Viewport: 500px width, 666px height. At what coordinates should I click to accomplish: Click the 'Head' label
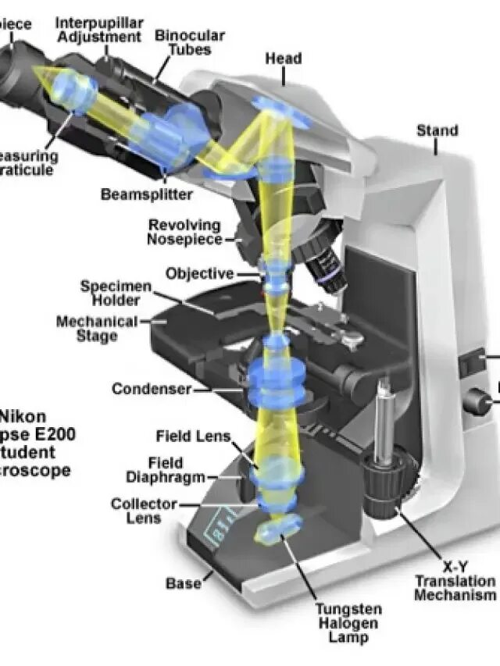coord(283,59)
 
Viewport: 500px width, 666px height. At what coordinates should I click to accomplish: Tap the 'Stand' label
coord(437,130)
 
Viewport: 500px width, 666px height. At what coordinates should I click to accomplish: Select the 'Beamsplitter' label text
coord(146,194)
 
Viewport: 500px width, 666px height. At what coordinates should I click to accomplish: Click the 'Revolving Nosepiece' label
coord(185,233)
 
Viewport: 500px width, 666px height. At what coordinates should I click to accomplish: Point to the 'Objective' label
coord(199,273)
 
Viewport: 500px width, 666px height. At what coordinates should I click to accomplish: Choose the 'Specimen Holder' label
coord(116,294)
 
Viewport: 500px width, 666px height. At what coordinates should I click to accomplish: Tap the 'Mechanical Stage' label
coord(97,329)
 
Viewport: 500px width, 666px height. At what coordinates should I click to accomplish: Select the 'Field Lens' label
coord(193,436)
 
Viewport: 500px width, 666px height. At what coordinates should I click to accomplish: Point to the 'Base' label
coord(183,582)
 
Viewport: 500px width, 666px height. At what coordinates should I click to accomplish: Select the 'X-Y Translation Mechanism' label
coord(455,581)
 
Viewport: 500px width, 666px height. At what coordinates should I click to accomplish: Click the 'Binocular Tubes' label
coord(190,43)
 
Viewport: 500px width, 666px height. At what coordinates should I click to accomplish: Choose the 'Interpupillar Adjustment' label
coord(98,30)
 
